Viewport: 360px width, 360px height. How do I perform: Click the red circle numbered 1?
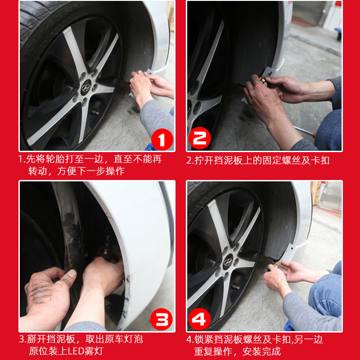tap(162, 139)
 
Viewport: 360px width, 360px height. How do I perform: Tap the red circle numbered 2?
tap(199, 138)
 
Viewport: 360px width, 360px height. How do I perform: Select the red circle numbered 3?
tap(162, 319)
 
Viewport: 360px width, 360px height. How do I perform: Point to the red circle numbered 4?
tap(199, 319)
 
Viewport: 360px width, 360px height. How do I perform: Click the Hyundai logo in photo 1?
tap(86, 88)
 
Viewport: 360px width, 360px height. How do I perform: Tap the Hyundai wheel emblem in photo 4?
tap(228, 262)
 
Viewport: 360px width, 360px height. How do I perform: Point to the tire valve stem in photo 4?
tap(236, 287)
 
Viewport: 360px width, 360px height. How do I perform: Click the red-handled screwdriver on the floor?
tap(305, 130)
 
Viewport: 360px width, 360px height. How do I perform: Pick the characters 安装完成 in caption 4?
tap(261, 351)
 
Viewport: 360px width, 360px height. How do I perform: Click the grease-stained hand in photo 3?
tap(49, 289)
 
